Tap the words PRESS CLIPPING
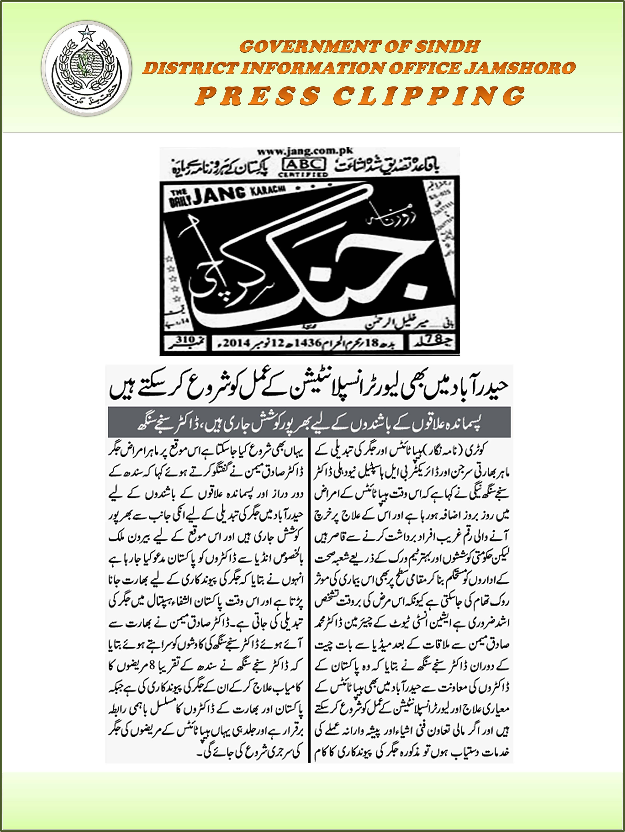point(359,95)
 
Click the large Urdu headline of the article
point(309,390)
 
